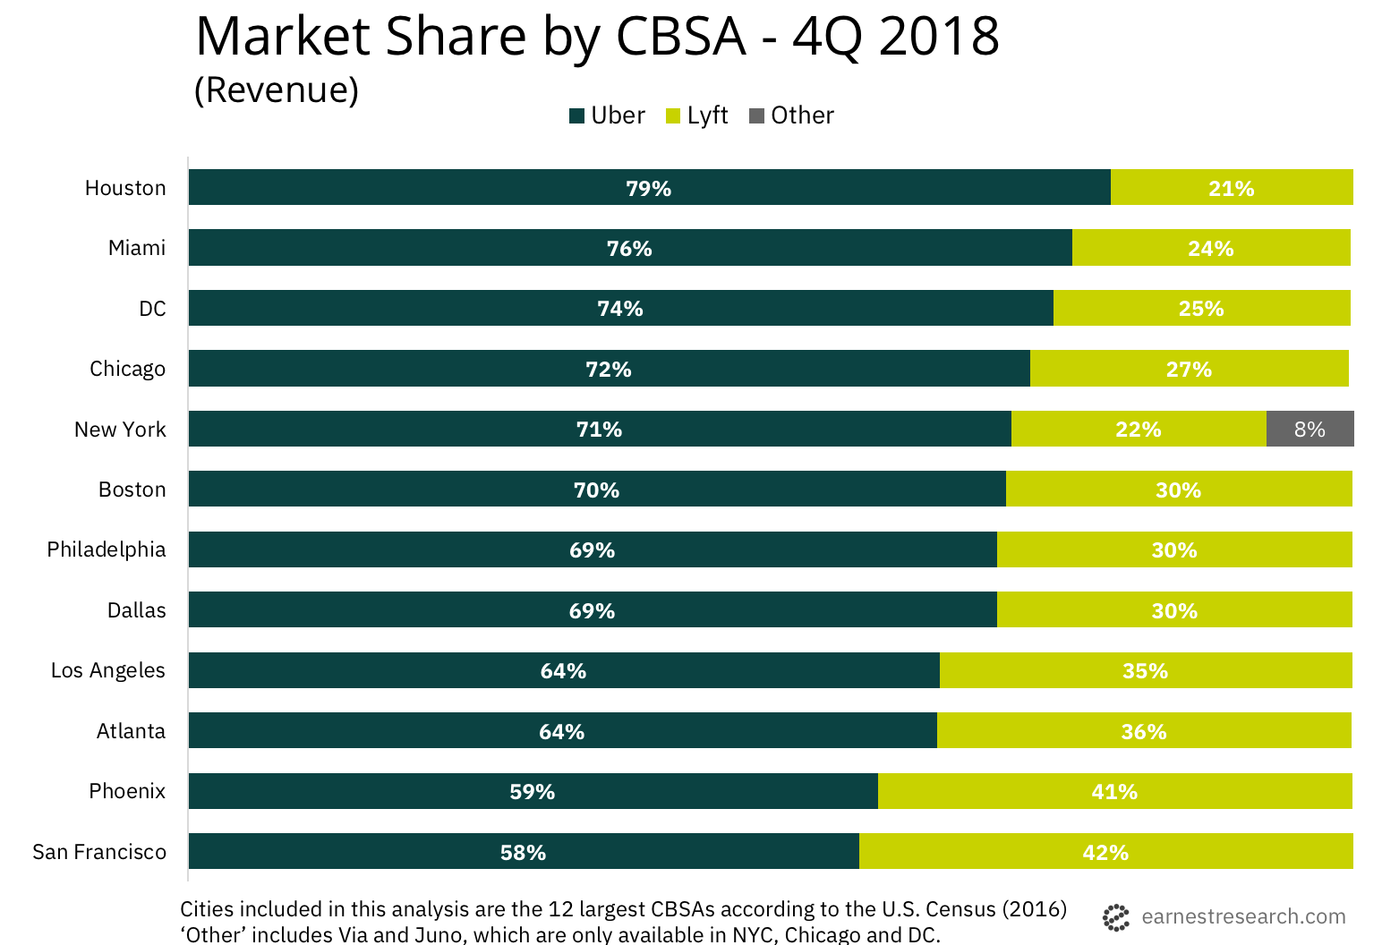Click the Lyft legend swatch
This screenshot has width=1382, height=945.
674,115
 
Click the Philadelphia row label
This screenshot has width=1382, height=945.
107,549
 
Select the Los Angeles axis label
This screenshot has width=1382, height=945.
108,670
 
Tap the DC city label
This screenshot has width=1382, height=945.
152,309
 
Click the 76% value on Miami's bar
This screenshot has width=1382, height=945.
629,249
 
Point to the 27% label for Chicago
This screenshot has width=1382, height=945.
1189,370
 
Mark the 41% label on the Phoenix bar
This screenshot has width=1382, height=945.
1114,792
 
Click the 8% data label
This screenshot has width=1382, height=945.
1309,430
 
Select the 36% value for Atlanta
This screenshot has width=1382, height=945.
1144,732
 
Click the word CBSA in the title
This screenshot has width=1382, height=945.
680,38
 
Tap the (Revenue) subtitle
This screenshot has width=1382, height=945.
277,89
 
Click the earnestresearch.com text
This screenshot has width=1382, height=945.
1243,916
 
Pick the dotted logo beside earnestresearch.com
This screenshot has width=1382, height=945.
1116,917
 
